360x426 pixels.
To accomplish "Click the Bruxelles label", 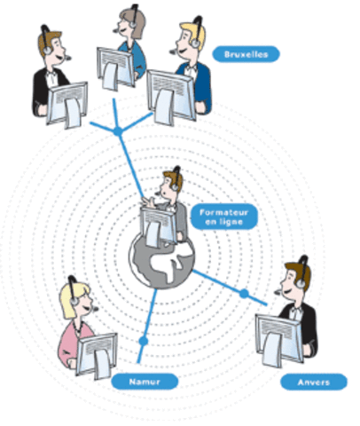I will [246, 54].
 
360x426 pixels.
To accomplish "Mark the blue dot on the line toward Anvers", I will [244, 292].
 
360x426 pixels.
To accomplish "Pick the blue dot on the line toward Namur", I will [143, 340].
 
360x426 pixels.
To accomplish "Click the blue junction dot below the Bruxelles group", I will [118, 132].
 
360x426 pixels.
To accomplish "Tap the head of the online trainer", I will [171, 185].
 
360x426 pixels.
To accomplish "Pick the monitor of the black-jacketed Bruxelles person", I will [67, 102].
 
